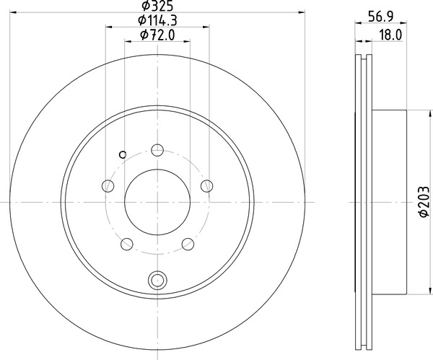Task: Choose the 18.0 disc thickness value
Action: pyautogui.click(x=390, y=33)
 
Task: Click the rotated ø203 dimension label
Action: pyautogui.click(x=424, y=202)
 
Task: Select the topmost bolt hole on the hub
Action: pyautogui.click(x=157, y=151)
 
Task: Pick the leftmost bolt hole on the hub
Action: pyautogui.click(x=108, y=186)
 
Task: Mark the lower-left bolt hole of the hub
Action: pyautogui.click(x=127, y=243)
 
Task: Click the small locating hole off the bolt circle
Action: pyautogui.click(x=122, y=153)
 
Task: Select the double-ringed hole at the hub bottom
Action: pyautogui.click(x=157, y=281)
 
